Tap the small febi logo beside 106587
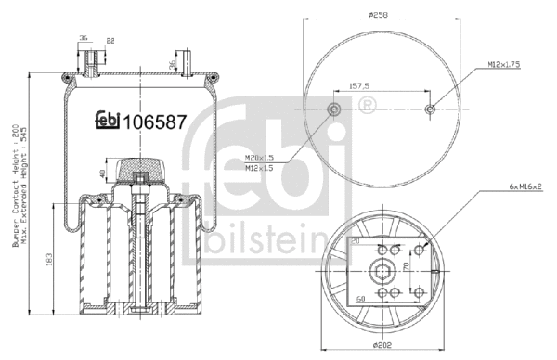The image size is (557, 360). pyautogui.click(x=108, y=122)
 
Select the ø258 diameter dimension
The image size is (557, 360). pyautogui.click(x=376, y=14)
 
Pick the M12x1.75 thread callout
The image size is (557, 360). pyautogui.click(x=504, y=64)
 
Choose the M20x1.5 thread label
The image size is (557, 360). pyautogui.click(x=262, y=158)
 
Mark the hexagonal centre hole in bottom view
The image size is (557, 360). pyautogui.click(x=381, y=273)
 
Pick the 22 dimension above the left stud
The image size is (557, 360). pyautogui.click(x=110, y=40)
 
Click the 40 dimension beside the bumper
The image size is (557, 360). pyautogui.click(x=103, y=173)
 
